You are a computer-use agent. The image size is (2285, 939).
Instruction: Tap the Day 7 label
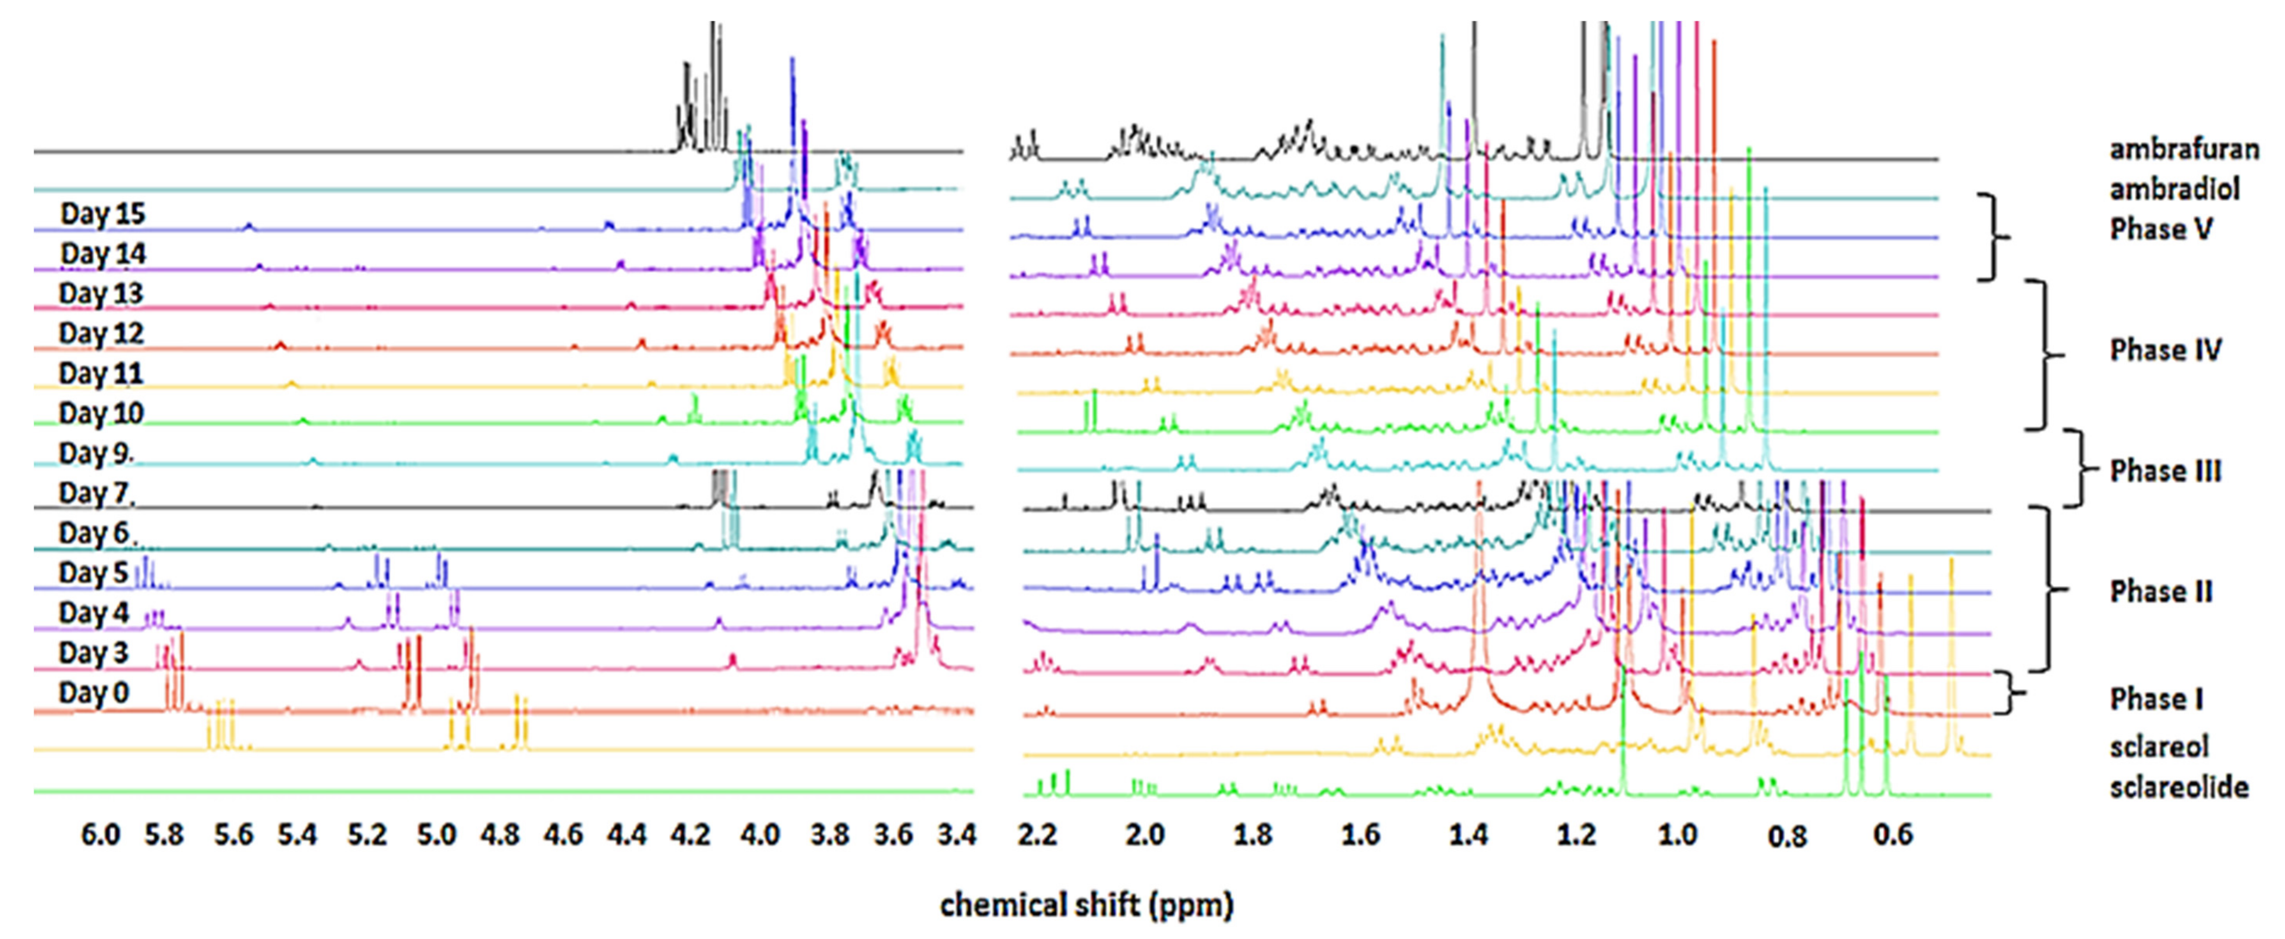click(96, 493)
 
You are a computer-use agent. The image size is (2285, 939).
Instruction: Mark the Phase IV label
click(2165, 350)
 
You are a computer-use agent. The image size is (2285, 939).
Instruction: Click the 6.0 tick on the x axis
click(100, 835)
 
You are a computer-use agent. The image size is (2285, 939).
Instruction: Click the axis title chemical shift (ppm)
click(1086, 905)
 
